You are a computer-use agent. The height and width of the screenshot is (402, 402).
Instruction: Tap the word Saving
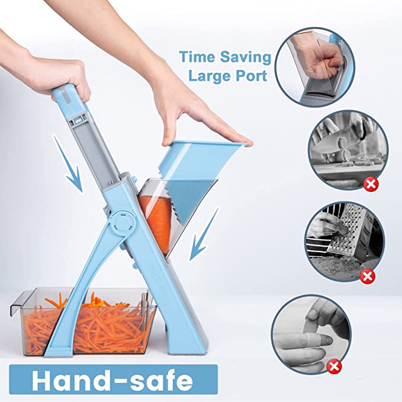[246, 57]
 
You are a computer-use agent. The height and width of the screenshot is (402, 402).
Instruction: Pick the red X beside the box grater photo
[367, 276]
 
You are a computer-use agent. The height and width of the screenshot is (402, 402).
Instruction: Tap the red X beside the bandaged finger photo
[335, 366]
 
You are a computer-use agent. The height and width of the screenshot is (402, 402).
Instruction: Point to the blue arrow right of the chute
[204, 234]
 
